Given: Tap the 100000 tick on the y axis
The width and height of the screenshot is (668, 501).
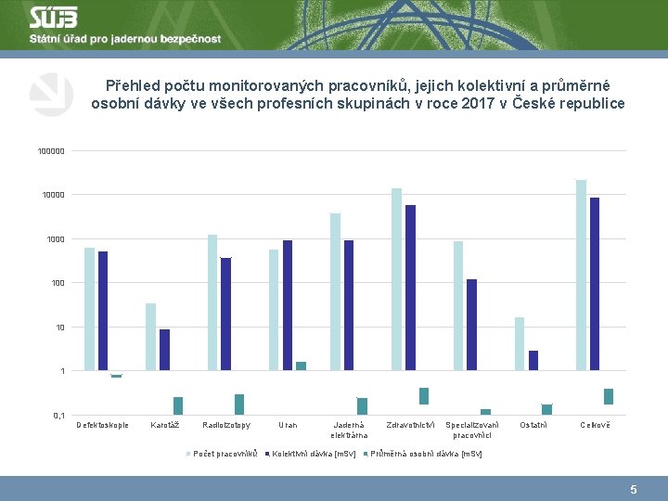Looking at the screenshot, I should click(x=51, y=151).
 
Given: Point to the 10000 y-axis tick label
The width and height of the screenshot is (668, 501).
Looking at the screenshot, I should click(x=53, y=195).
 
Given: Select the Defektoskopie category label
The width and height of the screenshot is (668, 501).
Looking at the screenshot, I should click(x=102, y=425).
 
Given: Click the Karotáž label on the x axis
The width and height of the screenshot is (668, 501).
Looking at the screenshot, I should click(x=165, y=425).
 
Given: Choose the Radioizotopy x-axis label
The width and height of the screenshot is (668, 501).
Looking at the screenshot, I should click(x=225, y=425).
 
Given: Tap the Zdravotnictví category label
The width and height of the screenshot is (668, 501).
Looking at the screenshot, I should click(x=410, y=425).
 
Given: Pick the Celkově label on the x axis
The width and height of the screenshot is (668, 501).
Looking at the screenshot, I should click(x=596, y=425).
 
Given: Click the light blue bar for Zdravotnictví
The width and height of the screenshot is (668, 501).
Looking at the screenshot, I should click(x=397, y=279).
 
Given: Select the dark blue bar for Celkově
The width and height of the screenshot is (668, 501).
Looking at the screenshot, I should click(x=595, y=284).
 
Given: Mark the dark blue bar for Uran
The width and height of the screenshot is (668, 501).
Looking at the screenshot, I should click(x=288, y=305).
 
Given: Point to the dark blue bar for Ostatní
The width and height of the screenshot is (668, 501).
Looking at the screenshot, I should click(x=533, y=361).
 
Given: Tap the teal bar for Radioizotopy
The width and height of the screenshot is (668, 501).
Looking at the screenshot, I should click(x=239, y=404).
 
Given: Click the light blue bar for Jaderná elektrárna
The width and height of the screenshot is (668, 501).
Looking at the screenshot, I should click(x=335, y=292).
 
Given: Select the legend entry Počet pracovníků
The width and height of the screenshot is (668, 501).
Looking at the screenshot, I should click(x=222, y=454).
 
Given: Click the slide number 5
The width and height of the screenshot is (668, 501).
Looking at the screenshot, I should click(x=634, y=489).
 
